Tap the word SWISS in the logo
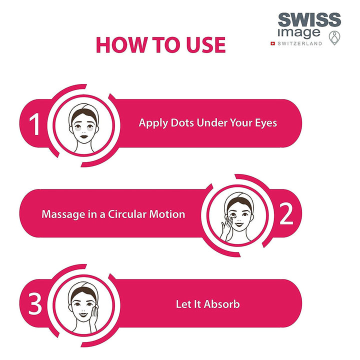coord(309,19)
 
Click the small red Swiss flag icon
coord(273,43)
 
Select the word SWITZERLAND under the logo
coord(300,43)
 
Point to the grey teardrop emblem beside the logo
coord(334,38)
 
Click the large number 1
coord(34,124)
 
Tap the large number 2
coord(286,214)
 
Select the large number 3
coord(35,304)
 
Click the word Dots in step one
coord(182,123)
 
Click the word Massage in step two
coord(63,214)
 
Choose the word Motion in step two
coord(167,214)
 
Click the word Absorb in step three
coord(222,304)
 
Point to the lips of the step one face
coord(83,136)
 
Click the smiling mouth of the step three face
coord(83,314)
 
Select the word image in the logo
coord(298,33)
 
